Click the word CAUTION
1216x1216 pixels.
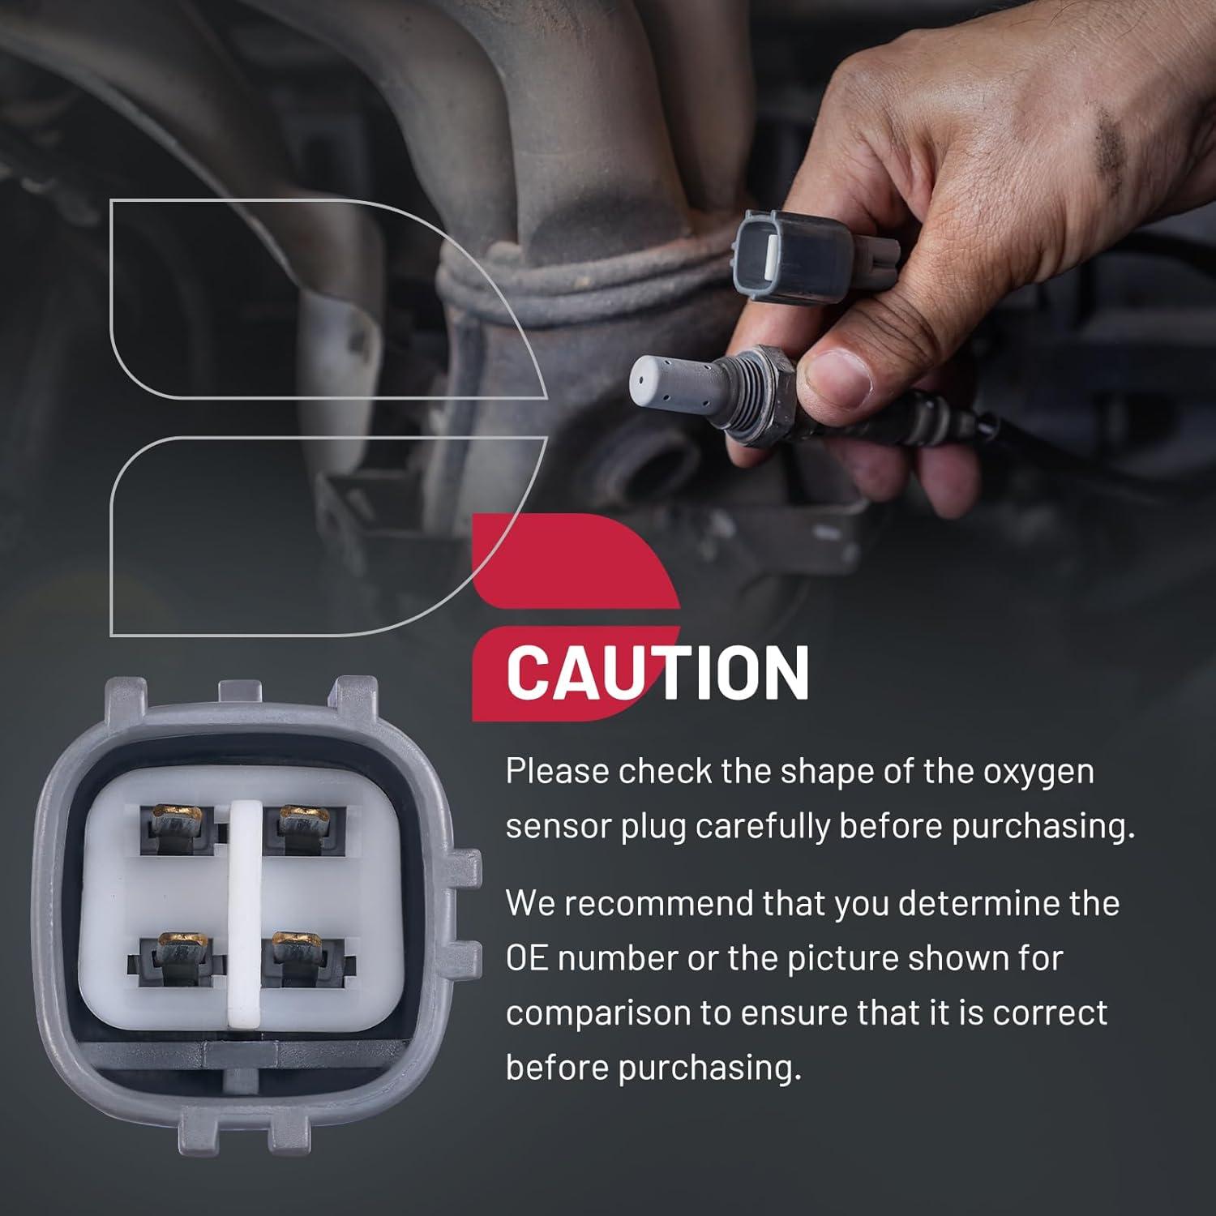(x=657, y=672)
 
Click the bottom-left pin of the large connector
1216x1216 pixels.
(x=177, y=958)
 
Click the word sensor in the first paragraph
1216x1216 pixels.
(x=557, y=827)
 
